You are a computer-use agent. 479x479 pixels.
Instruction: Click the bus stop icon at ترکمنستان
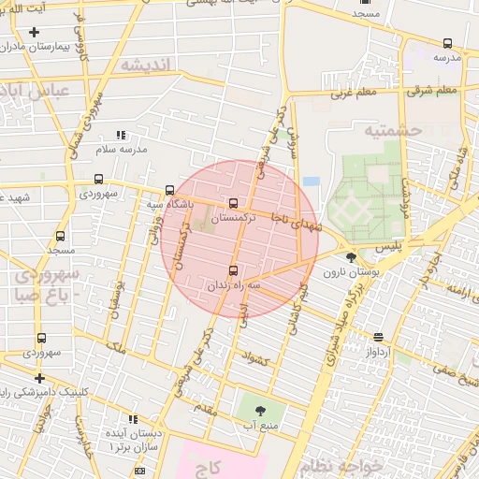click(x=233, y=202)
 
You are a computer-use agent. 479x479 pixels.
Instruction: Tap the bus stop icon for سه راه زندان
click(x=233, y=271)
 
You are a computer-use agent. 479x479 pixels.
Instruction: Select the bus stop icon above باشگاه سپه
click(x=169, y=188)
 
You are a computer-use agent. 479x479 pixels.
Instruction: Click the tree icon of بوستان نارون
click(x=351, y=257)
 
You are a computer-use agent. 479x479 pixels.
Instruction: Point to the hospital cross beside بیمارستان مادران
click(x=35, y=32)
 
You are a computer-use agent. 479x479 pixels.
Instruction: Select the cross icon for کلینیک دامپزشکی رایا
click(x=39, y=378)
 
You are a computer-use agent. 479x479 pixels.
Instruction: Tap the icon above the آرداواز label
click(x=378, y=337)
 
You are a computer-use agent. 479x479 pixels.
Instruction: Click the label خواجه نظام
click(x=342, y=464)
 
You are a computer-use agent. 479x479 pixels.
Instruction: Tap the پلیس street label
click(x=387, y=245)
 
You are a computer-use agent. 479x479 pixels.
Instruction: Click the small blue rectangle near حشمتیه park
click(x=311, y=181)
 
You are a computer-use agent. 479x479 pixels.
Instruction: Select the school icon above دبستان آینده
click(x=132, y=419)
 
